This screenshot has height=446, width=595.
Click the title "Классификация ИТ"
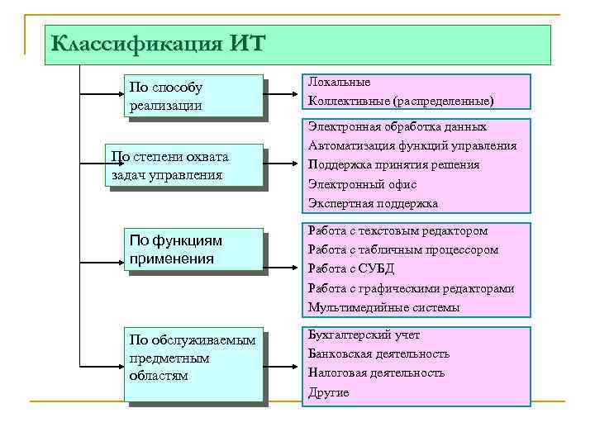[x=158, y=43]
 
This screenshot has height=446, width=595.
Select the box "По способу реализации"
[x=194, y=97]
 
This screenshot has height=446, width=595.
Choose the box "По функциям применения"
[x=194, y=249]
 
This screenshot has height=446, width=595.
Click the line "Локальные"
[x=339, y=83]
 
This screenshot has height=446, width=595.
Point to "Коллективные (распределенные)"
[x=401, y=101]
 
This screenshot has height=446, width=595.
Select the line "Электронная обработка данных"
[x=397, y=127]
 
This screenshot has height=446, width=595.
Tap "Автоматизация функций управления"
[x=412, y=146]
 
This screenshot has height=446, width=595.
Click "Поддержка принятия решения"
[x=393, y=165]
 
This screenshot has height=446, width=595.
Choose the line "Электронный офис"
[x=362, y=184]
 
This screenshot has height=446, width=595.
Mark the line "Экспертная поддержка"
[x=373, y=203]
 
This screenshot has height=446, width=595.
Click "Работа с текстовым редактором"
[x=397, y=231]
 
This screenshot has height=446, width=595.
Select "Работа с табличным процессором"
[x=403, y=250]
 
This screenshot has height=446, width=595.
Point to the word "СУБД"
[x=378, y=269]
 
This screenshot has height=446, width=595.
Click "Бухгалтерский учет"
[x=364, y=335]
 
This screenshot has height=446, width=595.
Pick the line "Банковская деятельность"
[x=378, y=353]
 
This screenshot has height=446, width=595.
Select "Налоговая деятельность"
[x=376, y=372]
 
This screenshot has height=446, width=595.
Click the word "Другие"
[x=328, y=392]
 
